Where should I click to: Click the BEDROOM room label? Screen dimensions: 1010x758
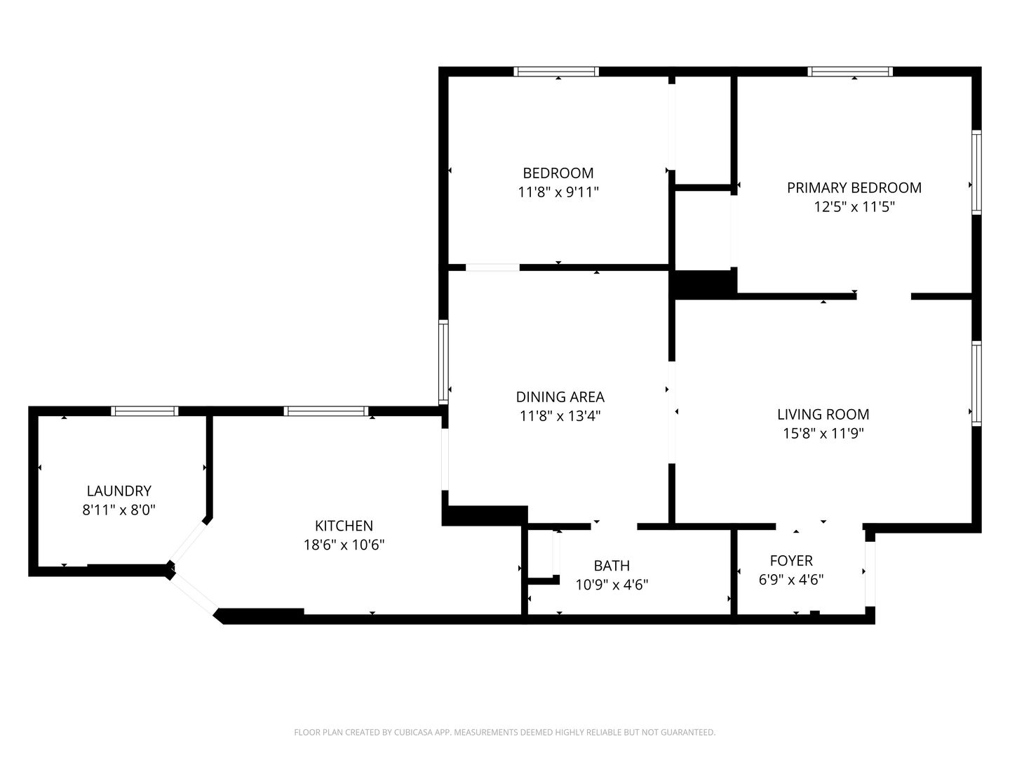[x=558, y=173]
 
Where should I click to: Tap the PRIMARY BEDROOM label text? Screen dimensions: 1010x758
[x=854, y=188]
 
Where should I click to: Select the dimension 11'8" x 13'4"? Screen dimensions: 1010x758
[x=560, y=416]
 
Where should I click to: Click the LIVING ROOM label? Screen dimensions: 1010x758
[x=823, y=414]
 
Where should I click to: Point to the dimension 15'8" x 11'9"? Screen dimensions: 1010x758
[x=823, y=433]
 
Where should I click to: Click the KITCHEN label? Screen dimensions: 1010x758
[x=344, y=526]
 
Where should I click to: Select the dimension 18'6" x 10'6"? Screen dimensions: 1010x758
[x=344, y=545]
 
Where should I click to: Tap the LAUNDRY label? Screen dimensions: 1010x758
[x=119, y=491]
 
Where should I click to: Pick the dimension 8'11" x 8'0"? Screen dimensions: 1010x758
[x=119, y=510]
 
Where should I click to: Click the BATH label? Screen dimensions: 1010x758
[x=612, y=565]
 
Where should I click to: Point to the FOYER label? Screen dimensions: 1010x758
[x=791, y=560]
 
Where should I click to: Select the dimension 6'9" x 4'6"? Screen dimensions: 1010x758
[x=791, y=580]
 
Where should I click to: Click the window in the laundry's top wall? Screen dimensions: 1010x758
[x=144, y=411]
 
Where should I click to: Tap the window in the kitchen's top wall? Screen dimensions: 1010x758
[x=325, y=411]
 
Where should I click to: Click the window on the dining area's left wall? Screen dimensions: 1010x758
[x=443, y=362]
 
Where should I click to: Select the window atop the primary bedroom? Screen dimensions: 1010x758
[x=850, y=72]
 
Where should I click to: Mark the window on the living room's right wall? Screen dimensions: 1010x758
[x=976, y=384]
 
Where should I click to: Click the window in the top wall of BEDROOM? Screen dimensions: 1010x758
[x=556, y=72]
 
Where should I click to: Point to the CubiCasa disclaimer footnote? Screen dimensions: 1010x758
[x=505, y=732]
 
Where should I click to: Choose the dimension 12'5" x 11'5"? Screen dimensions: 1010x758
[x=854, y=206]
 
